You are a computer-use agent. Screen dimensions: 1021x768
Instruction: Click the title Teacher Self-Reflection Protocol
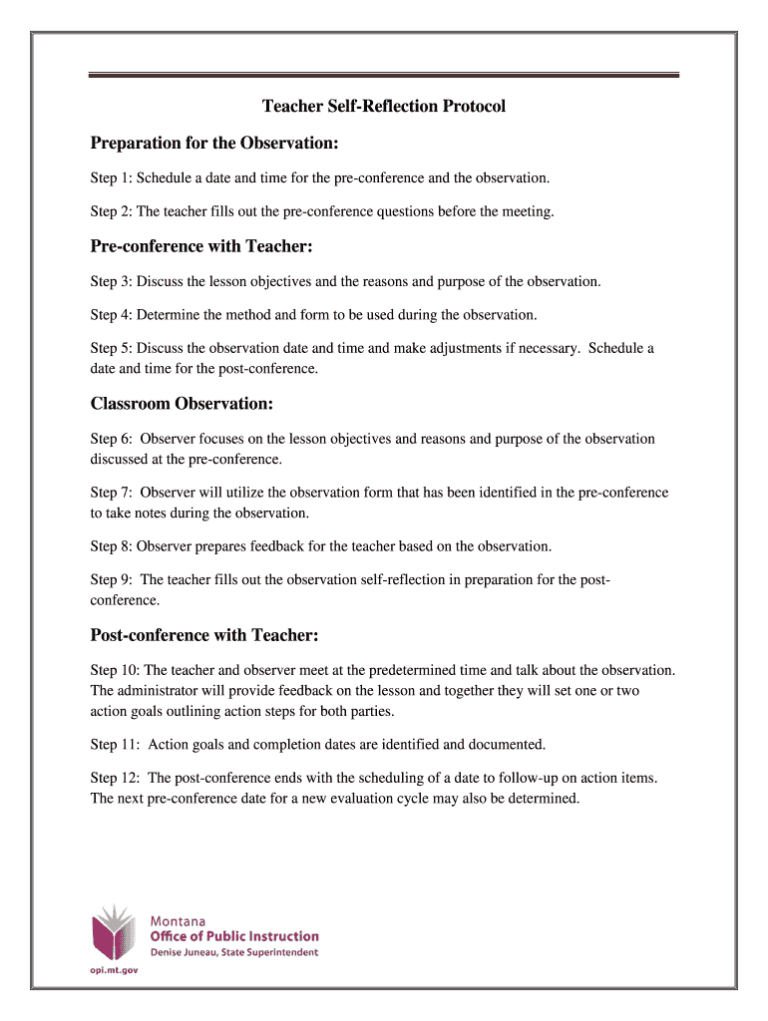[x=384, y=106]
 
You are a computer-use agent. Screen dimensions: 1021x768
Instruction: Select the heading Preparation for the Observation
[x=214, y=144]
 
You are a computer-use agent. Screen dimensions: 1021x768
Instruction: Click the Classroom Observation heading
[x=182, y=404]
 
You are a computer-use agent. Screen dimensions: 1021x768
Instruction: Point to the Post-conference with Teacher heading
[x=204, y=635]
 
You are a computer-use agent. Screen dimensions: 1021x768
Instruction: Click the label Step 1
[x=110, y=178]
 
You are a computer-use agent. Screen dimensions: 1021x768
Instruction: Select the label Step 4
[x=110, y=315]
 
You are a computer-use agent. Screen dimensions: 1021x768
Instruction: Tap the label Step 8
[x=110, y=546]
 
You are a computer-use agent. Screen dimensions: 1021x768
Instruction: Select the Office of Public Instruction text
[x=234, y=936]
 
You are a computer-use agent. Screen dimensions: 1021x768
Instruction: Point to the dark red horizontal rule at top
[x=384, y=74]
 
